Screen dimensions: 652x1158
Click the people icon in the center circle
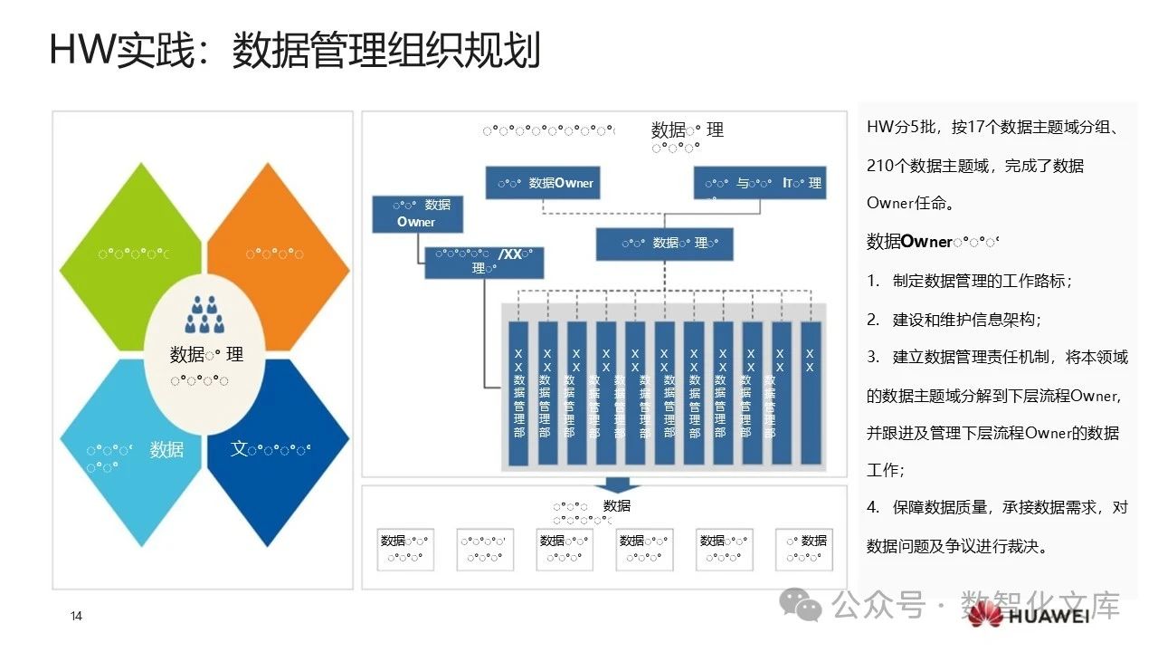tap(204, 313)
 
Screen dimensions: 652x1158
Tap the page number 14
tap(76, 617)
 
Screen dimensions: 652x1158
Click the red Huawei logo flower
tap(984, 616)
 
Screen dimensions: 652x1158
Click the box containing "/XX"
tap(485, 262)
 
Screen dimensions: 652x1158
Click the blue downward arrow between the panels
tap(618, 485)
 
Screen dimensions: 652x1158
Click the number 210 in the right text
tap(879, 166)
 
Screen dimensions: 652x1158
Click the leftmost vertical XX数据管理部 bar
tap(518, 394)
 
